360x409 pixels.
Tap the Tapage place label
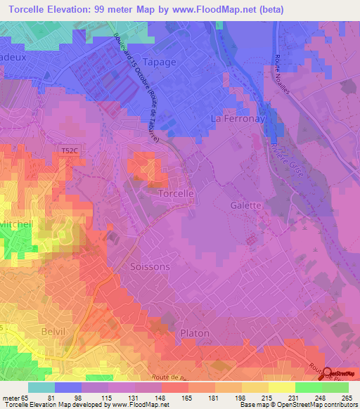point(159,61)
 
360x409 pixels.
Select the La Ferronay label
point(237,119)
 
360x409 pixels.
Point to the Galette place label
point(245,205)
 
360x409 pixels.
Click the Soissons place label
point(149,267)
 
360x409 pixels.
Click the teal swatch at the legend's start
point(41,387)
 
